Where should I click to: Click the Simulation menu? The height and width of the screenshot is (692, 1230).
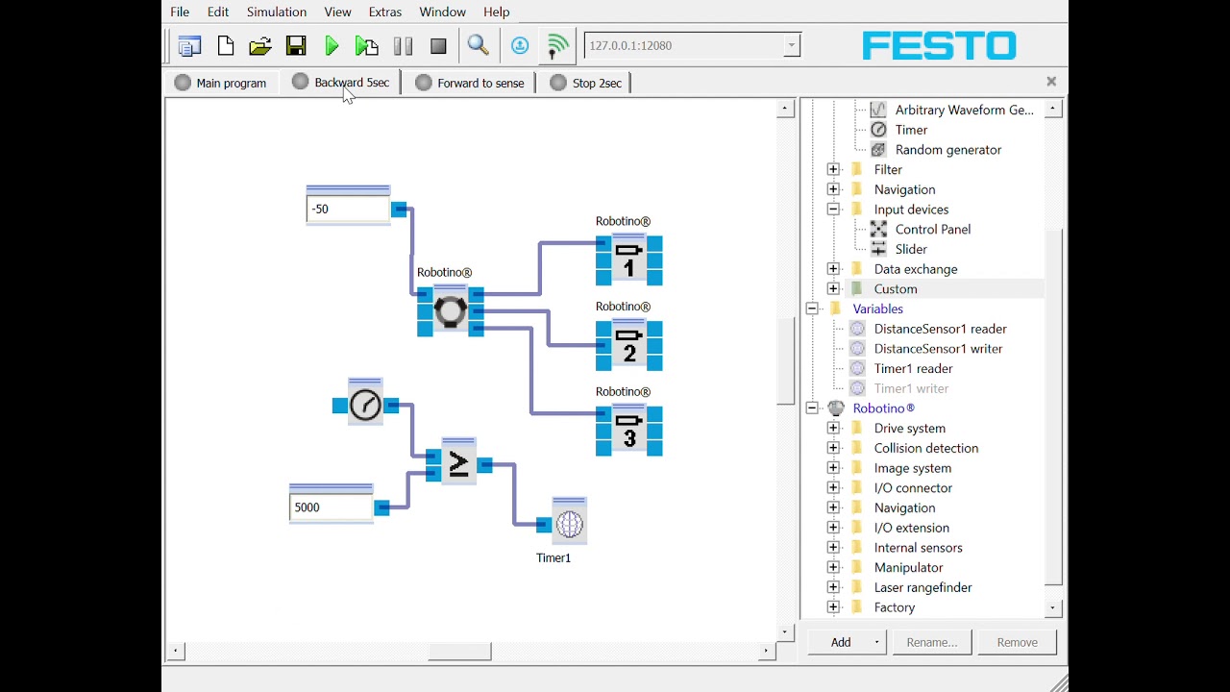click(x=276, y=12)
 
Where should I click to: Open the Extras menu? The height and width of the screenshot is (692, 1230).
click(x=385, y=12)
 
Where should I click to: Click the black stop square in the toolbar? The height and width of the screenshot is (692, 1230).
click(x=438, y=46)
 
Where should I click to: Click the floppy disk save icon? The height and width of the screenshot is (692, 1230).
click(x=296, y=45)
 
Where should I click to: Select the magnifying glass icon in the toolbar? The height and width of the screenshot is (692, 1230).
click(x=478, y=45)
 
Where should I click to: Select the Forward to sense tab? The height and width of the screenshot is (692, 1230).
click(x=470, y=83)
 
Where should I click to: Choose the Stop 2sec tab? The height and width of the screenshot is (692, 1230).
click(x=586, y=83)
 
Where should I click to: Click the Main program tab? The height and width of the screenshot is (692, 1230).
click(x=220, y=83)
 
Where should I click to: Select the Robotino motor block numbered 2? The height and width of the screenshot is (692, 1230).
click(x=628, y=345)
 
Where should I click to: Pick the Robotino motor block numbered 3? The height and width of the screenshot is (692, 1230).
click(x=628, y=430)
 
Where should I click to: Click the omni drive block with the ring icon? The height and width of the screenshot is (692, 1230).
click(x=451, y=310)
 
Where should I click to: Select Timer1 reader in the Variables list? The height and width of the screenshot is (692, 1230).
click(x=913, y=368)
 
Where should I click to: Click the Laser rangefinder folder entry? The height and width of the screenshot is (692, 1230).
click(x=922, y=587)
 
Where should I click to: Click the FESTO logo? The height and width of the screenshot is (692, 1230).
click(x=939, y=45)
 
